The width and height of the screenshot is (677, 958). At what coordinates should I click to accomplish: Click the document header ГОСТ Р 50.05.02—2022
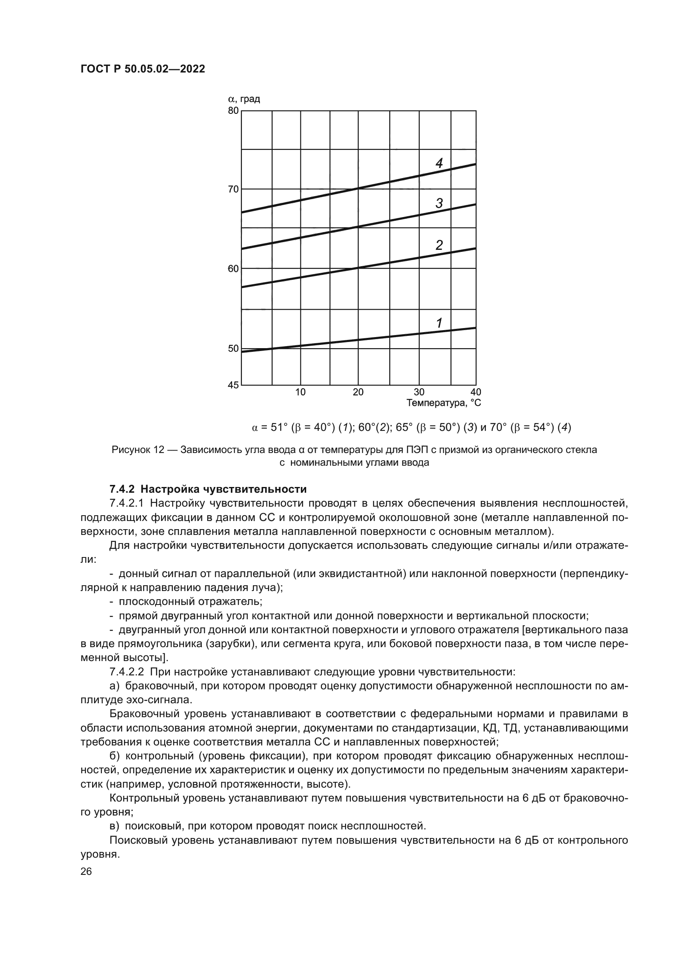(x=142, y=69)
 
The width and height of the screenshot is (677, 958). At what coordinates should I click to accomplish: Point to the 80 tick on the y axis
(x=233, y=111)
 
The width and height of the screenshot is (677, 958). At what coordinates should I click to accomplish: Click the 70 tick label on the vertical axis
(x=233, y=190)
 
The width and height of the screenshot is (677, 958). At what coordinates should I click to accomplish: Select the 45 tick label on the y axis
(x=233, y=385)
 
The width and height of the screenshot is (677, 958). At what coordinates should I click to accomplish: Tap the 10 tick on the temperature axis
(x=300, y=392)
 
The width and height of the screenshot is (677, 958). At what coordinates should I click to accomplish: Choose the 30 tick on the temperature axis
(x=419, y=392)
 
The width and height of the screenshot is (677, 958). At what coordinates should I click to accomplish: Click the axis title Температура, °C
(x=444, y=403)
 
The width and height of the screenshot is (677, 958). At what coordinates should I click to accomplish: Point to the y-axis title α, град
(x=244, y=99)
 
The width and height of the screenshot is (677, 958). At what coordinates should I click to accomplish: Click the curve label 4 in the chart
(x=439, y=163)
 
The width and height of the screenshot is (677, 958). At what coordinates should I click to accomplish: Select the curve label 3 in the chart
(x=439, y=204)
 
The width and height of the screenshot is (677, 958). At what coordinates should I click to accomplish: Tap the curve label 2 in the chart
(x=439, y=245)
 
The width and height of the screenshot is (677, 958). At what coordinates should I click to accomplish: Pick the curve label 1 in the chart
(x=439, y=322)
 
